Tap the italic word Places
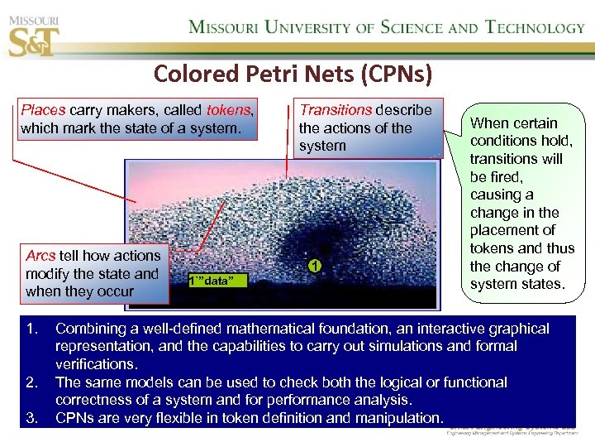point(44,110)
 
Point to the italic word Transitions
point(336,110)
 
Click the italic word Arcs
point(40,256)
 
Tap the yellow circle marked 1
point(314,266)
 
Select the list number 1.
point(31,329)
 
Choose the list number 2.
point(31,382)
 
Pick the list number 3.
point(31,418)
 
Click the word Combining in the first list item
point(89,329)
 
